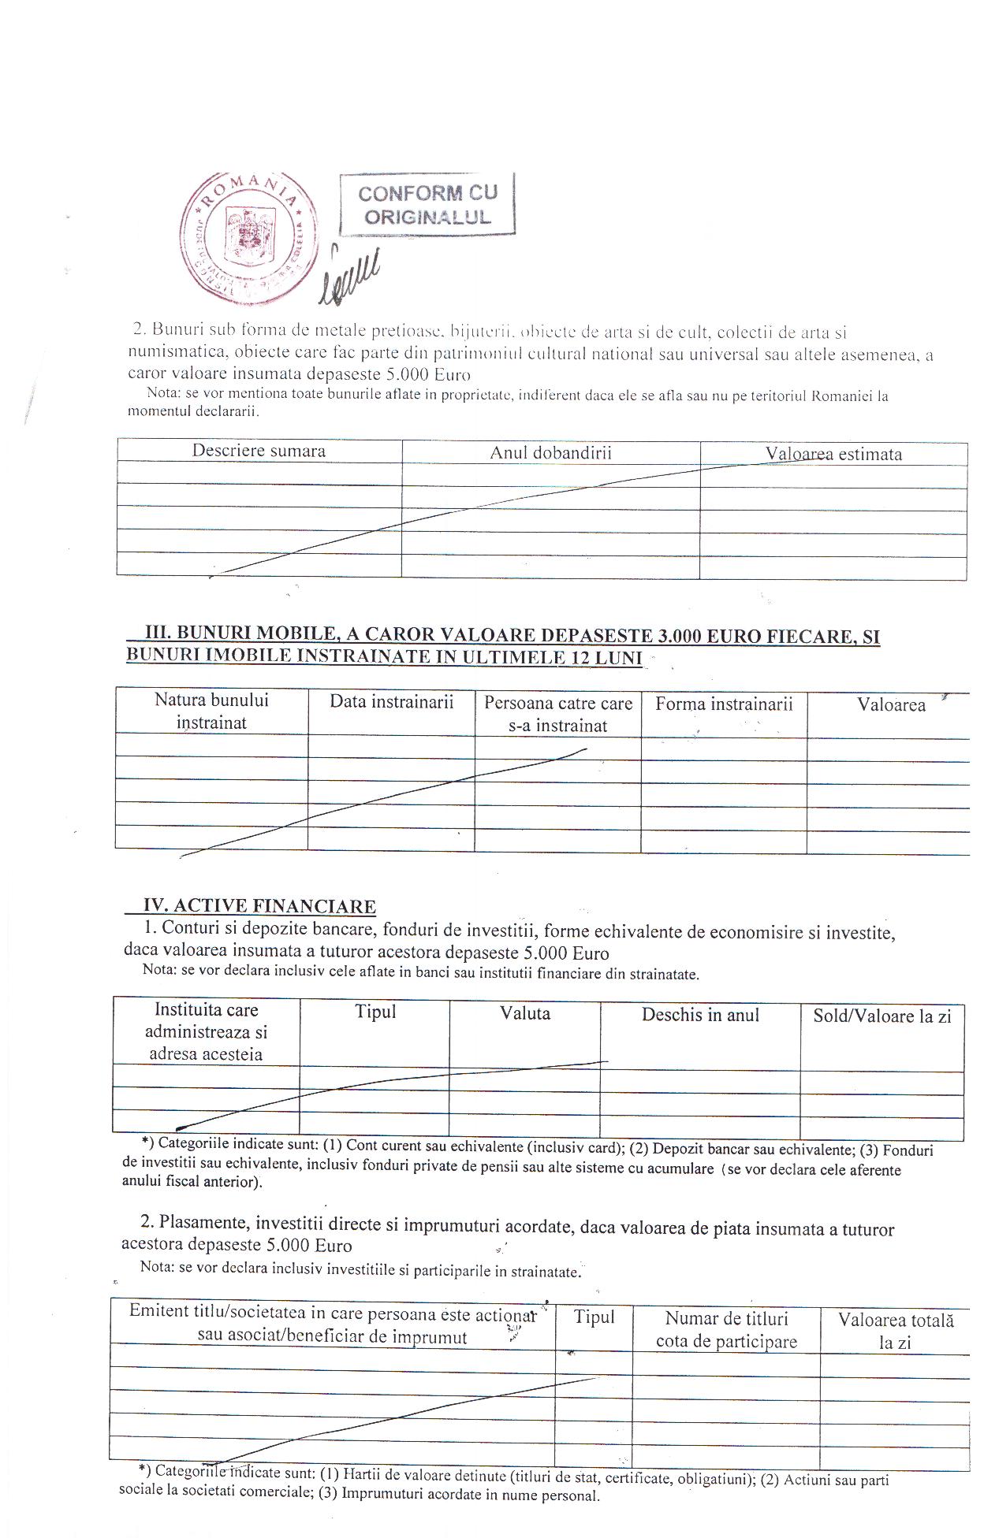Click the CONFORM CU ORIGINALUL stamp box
pos(427,204)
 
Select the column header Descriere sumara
pos(259,451)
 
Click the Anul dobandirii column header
pos(550,453)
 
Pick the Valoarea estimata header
pos(833,455)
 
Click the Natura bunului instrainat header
pos(211,711)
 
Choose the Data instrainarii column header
pos(391,703)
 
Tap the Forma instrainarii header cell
pos(724,704)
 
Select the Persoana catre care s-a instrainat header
pos(558,714)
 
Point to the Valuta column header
pos(525,1014)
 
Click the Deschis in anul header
pos(700,1015)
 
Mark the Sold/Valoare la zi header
pos(882,1016)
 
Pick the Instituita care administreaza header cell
pos(206,1032)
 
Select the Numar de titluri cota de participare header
pos(726,1330)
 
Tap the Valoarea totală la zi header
pos(896,1332)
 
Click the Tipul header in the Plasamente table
pos(594,1317)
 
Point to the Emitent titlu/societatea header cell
pos(332,1325)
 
